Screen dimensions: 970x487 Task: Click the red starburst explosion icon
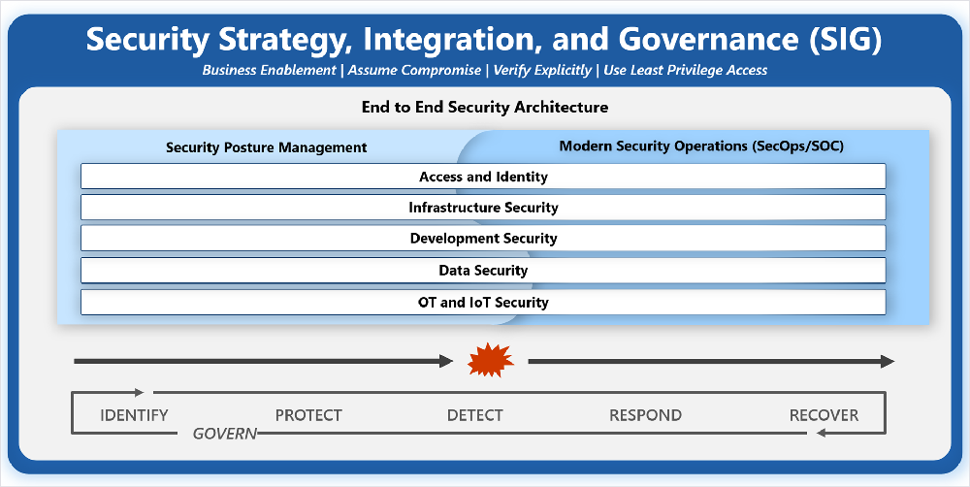[x=491, y=360]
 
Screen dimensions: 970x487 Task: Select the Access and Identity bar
[x=483, y=177]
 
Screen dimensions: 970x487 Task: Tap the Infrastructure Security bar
[x=483, y=208]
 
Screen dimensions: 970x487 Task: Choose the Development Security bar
[x=483, y=239]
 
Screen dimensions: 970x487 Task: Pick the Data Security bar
[x=483, y=271]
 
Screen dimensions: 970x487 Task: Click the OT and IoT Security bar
[x=483, y=302]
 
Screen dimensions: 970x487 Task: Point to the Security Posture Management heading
[x=266, y=147]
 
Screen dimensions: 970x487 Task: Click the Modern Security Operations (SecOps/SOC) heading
[x=701, y=146]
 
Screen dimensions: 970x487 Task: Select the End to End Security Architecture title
[x=485, y=107]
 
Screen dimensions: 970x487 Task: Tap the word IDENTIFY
[x=134, y=415]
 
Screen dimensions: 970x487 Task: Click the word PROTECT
[x=308, y=415]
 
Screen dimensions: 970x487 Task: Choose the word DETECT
[x=475, y=415]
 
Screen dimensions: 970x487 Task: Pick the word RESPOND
[x=645, y=415]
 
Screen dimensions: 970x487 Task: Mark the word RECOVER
[x=824, y=415]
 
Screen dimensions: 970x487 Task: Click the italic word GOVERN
[x=225, y=434]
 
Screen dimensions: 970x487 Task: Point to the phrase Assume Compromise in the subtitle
[x=414, y=71]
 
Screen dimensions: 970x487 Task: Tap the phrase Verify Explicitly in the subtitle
[x=542, y=71]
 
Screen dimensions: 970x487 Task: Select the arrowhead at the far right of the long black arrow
[x=888, y=362]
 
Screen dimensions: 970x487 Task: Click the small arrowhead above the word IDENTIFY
[x=139, y=392]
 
